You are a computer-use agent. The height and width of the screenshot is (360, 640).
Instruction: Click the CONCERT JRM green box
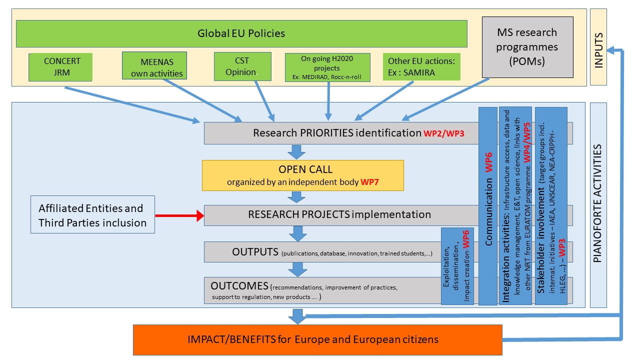click(x=60, y=67)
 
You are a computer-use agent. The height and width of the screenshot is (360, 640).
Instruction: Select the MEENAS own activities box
click(x=154, y=66)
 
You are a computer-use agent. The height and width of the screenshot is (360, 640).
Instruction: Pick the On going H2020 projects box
click(x=327, y=67)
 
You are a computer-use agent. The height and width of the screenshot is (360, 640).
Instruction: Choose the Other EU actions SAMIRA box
click(x=421, y=67)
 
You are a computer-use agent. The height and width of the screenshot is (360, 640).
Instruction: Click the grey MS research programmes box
click(x=527, y=46)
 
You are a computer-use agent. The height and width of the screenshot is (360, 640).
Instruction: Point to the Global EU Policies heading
click(x=241, y=34)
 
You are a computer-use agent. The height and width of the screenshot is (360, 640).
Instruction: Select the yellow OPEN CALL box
click(x=302, y=175)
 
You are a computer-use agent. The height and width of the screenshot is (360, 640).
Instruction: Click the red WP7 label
click(x=370, y=182)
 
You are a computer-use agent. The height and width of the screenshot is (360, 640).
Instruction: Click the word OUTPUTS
click(x=255, y=251)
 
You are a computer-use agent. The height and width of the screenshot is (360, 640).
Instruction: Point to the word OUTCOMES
click(x=239, y=286)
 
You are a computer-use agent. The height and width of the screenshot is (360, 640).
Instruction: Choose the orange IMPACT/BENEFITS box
click(x=317, y=339)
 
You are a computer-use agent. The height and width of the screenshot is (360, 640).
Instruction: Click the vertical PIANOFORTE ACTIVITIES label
click(x=598, y=205)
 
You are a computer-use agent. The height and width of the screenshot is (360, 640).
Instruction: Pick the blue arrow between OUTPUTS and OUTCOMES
click(x=298, y=269)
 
